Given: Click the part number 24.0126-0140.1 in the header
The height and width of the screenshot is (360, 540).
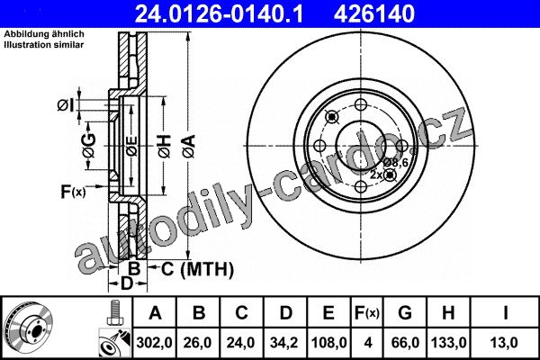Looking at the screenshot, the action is (x=219, y=13).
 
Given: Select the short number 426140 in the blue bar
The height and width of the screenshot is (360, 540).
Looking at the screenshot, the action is (x=374, y=13).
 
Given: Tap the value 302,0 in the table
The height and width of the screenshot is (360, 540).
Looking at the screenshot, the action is (x=154, y=343).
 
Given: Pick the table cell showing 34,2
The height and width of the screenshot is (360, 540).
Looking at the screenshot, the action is (x=284, y=343).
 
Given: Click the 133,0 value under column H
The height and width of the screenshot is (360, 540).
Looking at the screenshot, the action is (x=449, y=343).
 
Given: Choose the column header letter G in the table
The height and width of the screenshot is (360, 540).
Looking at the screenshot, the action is (x=405, y=313).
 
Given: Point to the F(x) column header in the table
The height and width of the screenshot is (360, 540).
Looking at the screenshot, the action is (x=367, y=313).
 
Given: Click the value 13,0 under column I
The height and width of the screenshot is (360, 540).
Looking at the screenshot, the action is (x=504, y=343).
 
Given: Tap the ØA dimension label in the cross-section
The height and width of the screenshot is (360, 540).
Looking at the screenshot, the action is (x=189, y=147).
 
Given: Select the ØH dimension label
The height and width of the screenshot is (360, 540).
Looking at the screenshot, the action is (x=165, y=147).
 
